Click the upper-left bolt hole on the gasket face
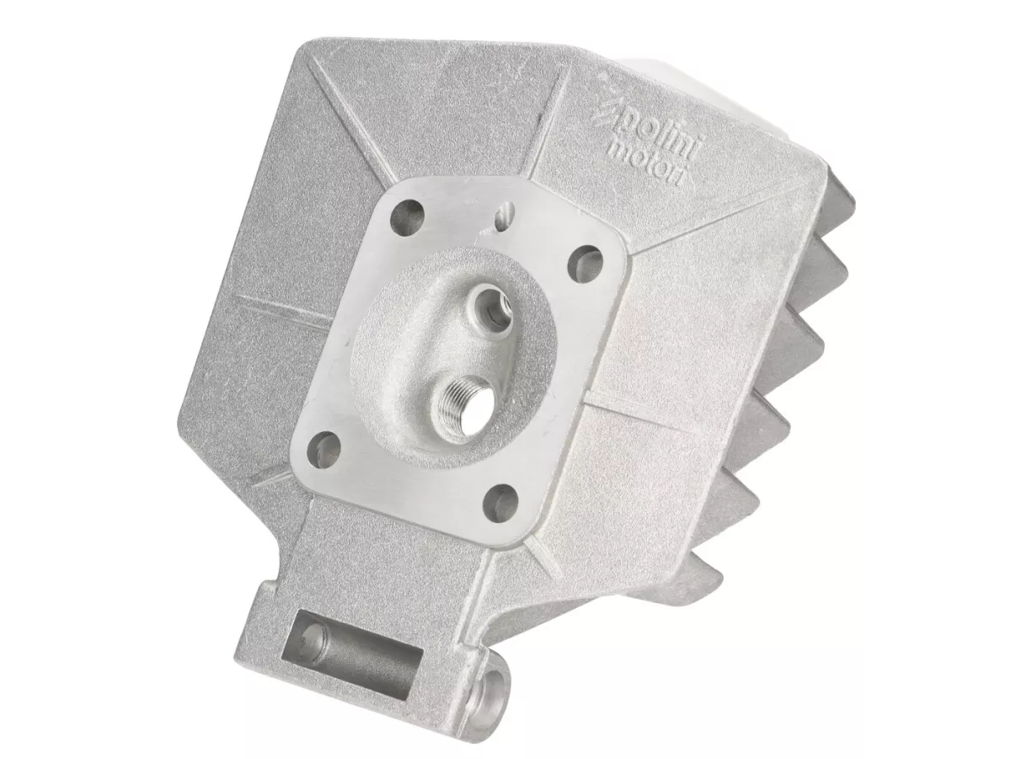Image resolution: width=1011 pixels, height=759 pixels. [406, 216]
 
